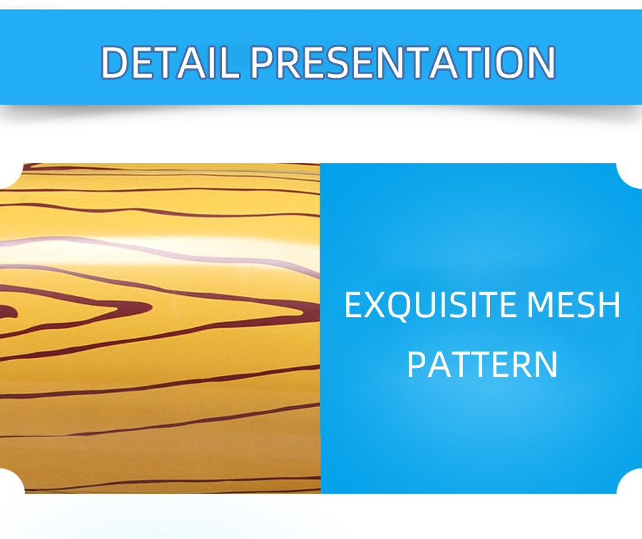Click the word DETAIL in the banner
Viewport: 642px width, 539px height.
170,62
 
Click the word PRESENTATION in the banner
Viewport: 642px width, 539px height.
403,62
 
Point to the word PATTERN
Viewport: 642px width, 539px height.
482,364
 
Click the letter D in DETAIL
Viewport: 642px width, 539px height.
116,62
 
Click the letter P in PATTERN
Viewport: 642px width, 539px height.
417,364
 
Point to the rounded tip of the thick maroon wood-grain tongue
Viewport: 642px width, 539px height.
151,307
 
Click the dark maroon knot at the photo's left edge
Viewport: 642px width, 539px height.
7,312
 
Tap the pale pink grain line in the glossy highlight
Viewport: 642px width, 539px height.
160,250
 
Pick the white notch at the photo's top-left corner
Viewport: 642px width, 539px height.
11,175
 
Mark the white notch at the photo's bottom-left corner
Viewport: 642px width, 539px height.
11,481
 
